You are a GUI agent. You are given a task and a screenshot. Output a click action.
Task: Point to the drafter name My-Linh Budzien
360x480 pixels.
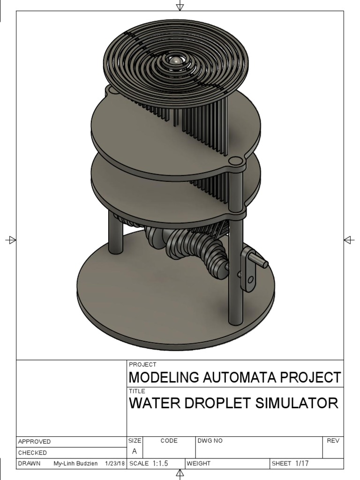click(x=75, y=464)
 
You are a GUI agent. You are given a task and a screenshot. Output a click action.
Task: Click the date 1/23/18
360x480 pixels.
click(x=115, y=464)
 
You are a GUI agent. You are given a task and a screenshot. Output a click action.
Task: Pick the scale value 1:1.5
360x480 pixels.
click(x=160, y=464)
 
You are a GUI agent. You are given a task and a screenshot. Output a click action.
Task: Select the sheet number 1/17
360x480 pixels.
click(x=302, y=464)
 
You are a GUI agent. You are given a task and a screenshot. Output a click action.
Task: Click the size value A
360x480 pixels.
click(x=135, y=452)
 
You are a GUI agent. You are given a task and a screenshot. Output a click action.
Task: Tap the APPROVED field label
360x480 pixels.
click(x=34, y=442)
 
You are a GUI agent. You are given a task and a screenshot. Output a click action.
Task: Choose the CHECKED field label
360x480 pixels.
click(x=32, y=453)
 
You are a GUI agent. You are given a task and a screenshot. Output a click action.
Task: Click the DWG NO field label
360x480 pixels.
click(x=210, y=441)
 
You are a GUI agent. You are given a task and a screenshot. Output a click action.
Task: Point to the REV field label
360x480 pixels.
click(x=332, y=441)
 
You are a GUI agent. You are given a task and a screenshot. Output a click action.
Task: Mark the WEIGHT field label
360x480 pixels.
click(x=199, y=464)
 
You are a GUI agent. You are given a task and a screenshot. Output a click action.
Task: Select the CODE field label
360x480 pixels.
click(x=169, y=441)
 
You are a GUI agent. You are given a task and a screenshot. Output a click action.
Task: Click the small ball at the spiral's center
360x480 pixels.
click(x=174, y=60)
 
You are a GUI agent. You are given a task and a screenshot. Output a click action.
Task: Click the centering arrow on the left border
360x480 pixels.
click(x=11, y=240)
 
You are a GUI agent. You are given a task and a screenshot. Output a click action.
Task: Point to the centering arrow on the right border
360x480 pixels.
click(x=349, y=240)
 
